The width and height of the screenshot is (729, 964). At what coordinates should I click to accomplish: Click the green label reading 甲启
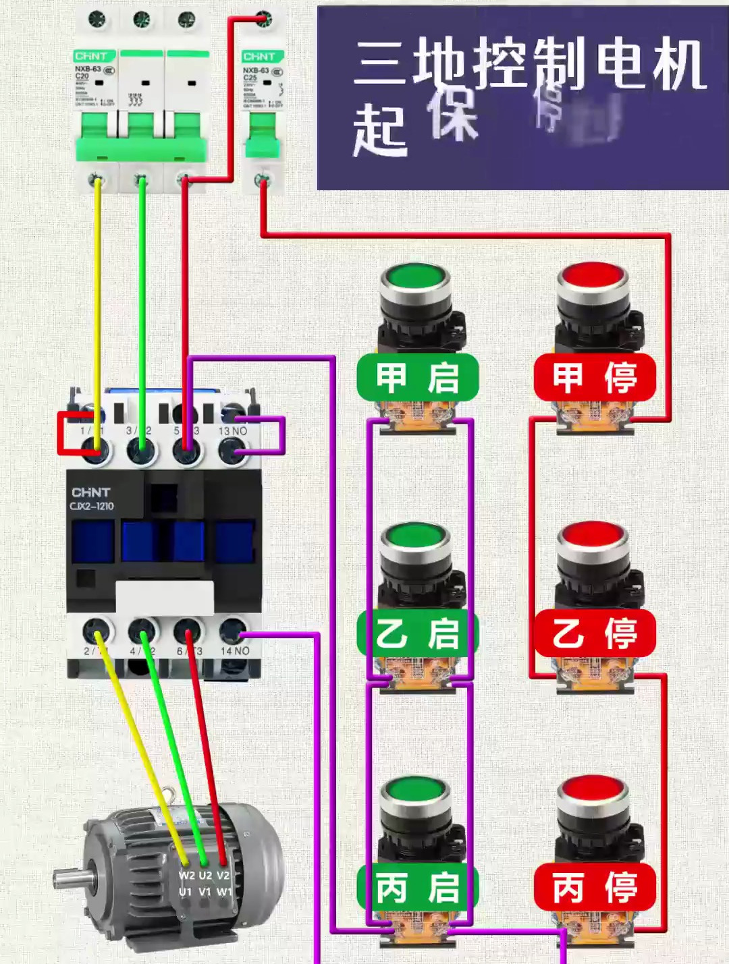point(418,377)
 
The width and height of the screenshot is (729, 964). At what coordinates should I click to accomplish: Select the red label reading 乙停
point(594,633)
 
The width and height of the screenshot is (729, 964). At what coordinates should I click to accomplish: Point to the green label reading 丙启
point(418,887)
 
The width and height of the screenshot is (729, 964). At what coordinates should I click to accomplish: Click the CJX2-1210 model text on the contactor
point(92,506)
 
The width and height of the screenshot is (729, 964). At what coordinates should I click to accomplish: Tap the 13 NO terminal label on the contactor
point(232,430)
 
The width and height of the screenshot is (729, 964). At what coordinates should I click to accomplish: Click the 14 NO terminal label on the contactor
point(234,651)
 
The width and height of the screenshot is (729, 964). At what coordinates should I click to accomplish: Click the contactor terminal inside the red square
point(96,447)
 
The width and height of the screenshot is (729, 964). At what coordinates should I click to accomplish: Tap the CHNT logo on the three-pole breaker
point(91,56)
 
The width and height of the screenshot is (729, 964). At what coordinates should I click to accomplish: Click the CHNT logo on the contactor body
point(90,492)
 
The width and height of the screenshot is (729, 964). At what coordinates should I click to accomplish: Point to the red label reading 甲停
point(594,377)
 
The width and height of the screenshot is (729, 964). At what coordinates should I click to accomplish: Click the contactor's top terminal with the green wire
point(141,447)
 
